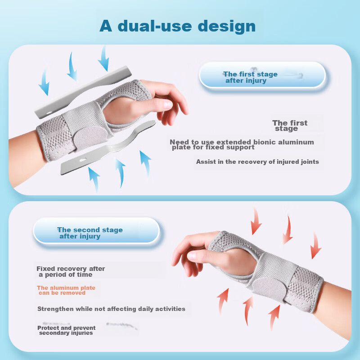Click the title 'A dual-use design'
coord(177,26)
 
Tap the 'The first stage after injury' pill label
coord(262,75)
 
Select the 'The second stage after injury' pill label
coord(96,230)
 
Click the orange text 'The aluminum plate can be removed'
coord(66,290)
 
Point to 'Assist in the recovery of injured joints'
coord(257,162)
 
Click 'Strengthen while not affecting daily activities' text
coord(111,309)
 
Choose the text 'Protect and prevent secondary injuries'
coord(66,330)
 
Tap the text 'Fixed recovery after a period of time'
coord(71,271)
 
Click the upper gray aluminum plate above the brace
coord(83,93)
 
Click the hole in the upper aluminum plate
coord(49,113)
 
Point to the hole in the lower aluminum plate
coord(83,159)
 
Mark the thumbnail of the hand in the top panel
coord(167,105)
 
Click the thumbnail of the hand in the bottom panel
coord(192,255)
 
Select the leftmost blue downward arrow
coord(44,81)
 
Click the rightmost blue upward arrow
coord(145,163)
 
